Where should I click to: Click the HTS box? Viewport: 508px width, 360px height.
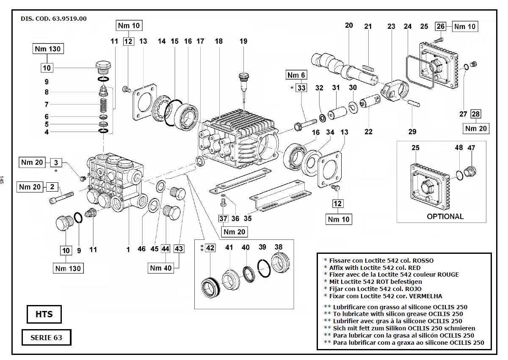click(x=44, y=314)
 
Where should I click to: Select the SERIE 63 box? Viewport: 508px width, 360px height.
click(x=46, y=338)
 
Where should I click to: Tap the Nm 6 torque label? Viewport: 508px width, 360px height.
click(x=296, y=75)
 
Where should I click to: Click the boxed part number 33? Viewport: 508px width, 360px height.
click(x=301, y=88)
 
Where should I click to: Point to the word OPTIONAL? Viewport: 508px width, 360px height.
click(x=445, y=216)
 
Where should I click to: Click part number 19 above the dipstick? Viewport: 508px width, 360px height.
click(x=243, y=41)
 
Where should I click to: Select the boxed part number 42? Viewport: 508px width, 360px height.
click(x=210, y=248)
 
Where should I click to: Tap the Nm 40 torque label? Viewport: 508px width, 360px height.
click(x=161, y=268)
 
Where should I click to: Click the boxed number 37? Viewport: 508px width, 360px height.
click(x=223, y=219)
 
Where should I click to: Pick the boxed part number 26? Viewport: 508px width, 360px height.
click(x=441, y=27)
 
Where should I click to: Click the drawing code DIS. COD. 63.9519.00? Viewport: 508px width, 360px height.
click(x=54, y=19)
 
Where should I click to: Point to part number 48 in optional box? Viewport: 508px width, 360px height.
click(x=459, y=148)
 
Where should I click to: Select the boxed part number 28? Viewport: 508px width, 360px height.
click(x=476, y=114)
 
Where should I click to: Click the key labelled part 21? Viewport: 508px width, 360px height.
click(x=367, y=66)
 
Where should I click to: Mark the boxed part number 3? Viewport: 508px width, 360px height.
click(x=55, y=162)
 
